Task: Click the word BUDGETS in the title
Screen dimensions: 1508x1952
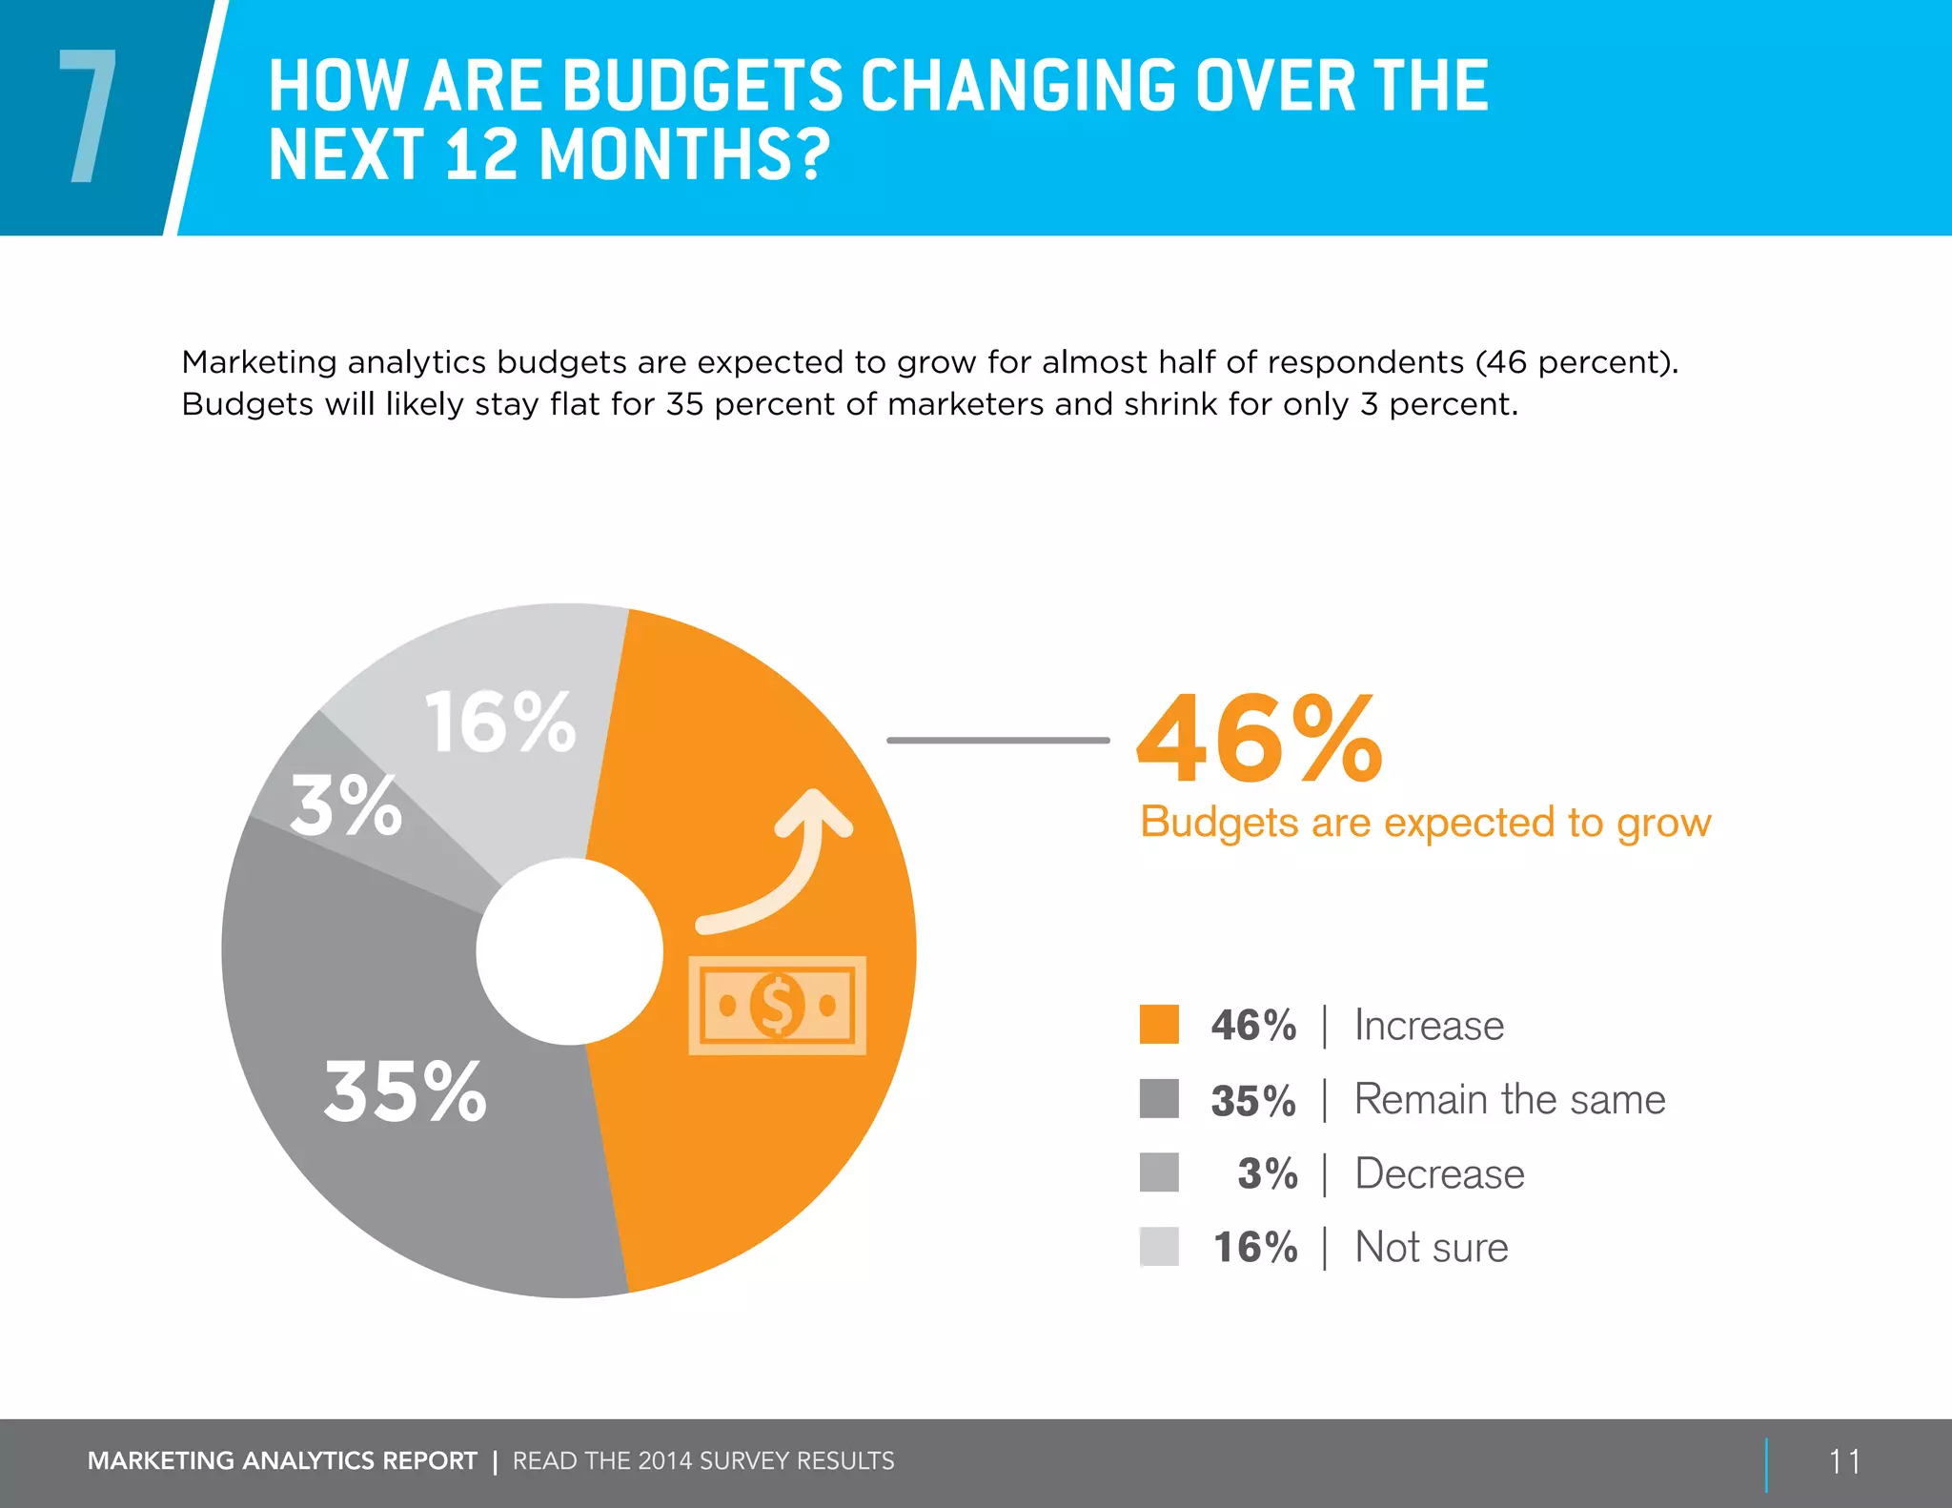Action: pos(702,86)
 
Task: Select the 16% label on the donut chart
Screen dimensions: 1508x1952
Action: pos(500,723)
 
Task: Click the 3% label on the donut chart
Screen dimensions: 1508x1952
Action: pos(345,806)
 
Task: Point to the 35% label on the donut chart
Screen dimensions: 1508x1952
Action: pos(405,1091)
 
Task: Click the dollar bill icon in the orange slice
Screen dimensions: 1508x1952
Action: pos(777,1005)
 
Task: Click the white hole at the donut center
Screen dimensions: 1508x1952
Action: pos(569,951)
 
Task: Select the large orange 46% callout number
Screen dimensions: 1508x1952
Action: pos(1259,739)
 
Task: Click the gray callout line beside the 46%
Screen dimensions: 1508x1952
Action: pos(997,740)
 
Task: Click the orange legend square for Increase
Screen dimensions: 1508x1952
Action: pos(1159,1025)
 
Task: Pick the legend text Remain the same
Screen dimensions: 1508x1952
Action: pos(1509,1099)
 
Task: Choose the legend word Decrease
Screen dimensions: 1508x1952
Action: pos(1439,1173)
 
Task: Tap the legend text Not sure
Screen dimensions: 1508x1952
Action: pos(1431,1247)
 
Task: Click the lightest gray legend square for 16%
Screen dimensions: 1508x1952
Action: pos(1159,1247)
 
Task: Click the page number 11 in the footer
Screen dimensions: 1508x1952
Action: pos(1844,1461)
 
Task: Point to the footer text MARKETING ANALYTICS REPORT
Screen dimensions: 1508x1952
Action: pos(282,1461)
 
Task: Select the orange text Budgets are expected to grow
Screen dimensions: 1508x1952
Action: pos(1425,823)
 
